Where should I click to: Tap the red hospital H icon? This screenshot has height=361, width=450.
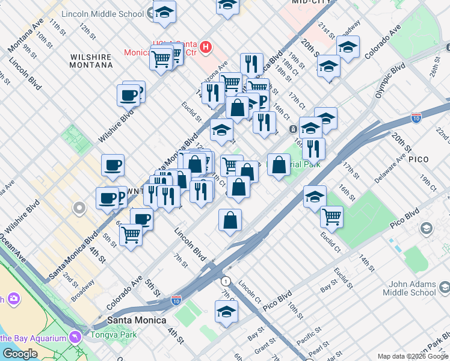[206, 46]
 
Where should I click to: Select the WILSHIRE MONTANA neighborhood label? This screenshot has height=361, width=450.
[91, 61]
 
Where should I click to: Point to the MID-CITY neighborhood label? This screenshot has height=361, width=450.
[312, 2]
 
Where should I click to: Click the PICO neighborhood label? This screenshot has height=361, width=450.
[418, 159]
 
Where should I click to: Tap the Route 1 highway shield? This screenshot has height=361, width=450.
[226, 281]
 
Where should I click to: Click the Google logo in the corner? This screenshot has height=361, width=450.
[20, 354]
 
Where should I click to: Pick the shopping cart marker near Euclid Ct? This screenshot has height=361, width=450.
[331, 217]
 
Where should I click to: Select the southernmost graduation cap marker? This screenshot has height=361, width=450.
[226, 312]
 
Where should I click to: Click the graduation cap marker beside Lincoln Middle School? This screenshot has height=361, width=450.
[164, 12]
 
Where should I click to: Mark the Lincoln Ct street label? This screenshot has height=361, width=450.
[249, 291]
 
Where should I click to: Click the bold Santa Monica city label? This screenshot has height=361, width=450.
[137, 320]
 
